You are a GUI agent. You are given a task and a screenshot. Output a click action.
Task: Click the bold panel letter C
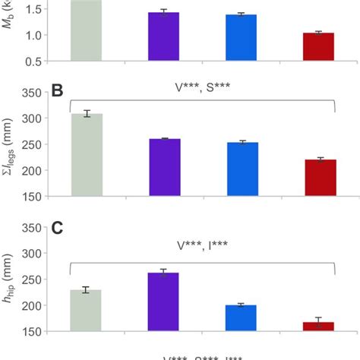[56, 228]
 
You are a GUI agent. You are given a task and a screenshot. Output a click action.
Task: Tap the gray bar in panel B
[87, 155]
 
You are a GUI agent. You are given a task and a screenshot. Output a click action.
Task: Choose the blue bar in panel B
[242, 169]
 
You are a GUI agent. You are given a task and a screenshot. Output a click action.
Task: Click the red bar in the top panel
[319, 46]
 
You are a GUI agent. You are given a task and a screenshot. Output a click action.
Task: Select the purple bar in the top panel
[164, 36]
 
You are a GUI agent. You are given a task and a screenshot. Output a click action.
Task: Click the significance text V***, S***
[202, 87]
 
